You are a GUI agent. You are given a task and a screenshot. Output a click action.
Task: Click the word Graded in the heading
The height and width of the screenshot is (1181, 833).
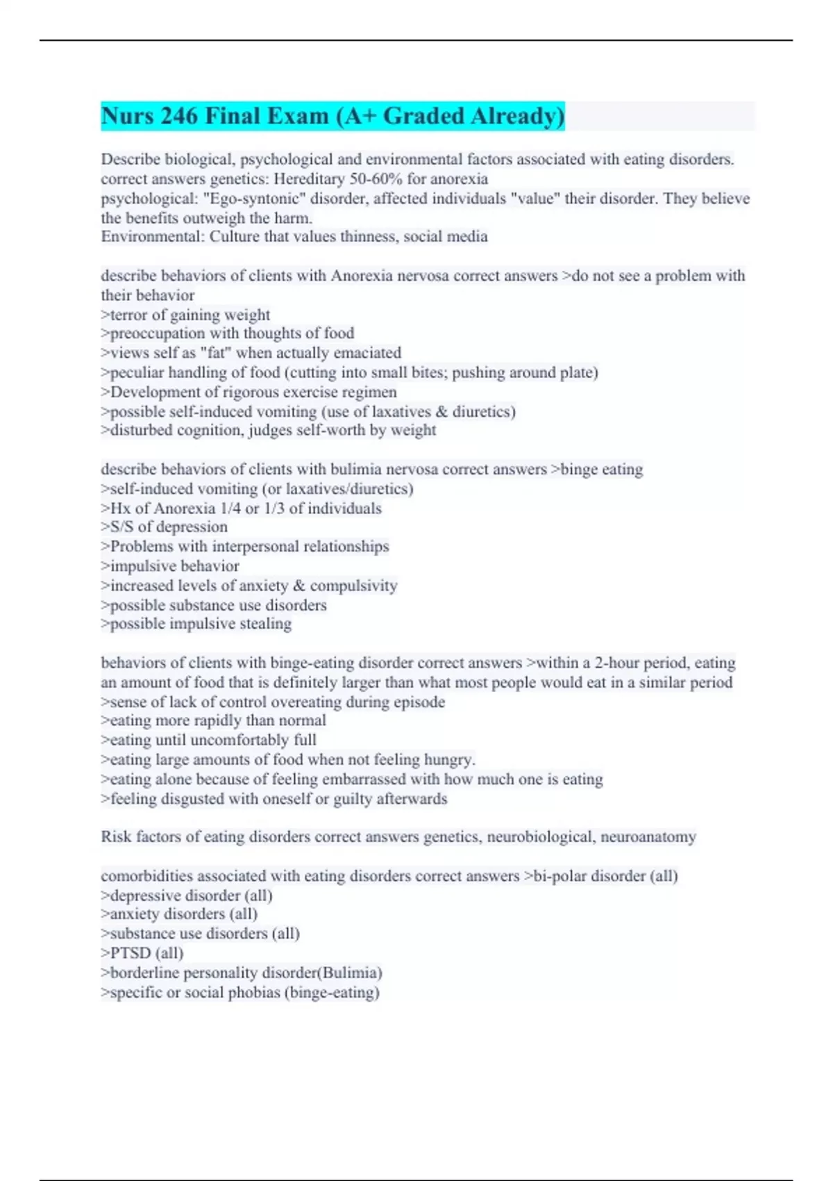[x=423, y=116]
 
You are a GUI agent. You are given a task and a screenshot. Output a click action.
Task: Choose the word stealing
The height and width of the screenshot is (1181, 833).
[x=265, y=624]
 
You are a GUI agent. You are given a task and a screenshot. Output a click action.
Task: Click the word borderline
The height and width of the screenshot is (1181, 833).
[x=144, y=973]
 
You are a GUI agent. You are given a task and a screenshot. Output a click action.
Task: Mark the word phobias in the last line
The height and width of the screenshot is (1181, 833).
[x=253, y=993]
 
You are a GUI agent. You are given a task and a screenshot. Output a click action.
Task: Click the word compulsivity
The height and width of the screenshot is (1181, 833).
[x=353, y=586]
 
